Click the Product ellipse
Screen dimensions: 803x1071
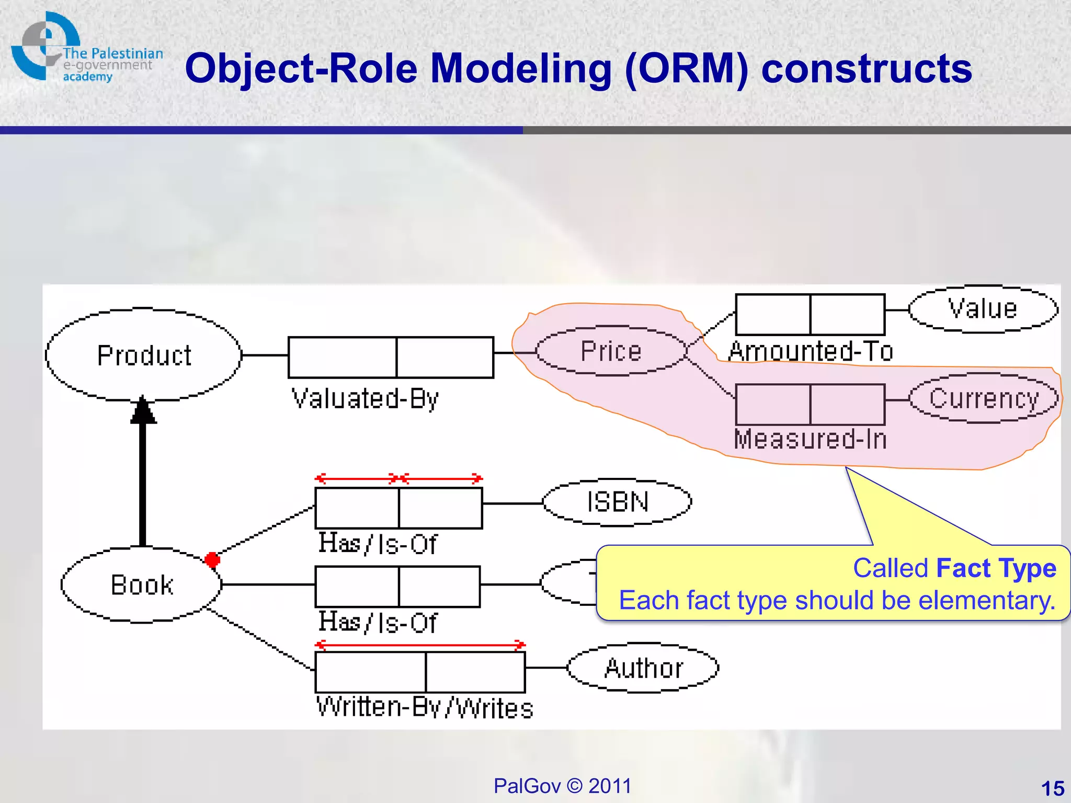pos(143,355)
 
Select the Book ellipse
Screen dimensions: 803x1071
pos(141,584)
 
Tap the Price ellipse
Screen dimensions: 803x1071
pos(611,351)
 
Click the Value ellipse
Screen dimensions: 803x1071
pos(983,309)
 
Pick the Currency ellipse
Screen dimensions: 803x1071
pos(984,398)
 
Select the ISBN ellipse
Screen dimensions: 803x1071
pos(617,502)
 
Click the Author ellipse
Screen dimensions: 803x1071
pos(643,668)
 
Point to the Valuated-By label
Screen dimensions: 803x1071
pos(364,398)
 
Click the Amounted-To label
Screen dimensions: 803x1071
pos(811,351)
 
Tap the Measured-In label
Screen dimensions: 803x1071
pos(811,439)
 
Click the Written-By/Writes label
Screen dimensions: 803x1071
pos(425,708)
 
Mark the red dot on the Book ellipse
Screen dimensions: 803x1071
pos(212,560)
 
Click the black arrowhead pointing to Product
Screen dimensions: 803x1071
pos(143,410)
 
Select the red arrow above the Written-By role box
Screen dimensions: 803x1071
pos(420,644)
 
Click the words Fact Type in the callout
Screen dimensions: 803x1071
pos(996,568)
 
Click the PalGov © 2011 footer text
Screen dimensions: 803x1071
pos(562,786)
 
